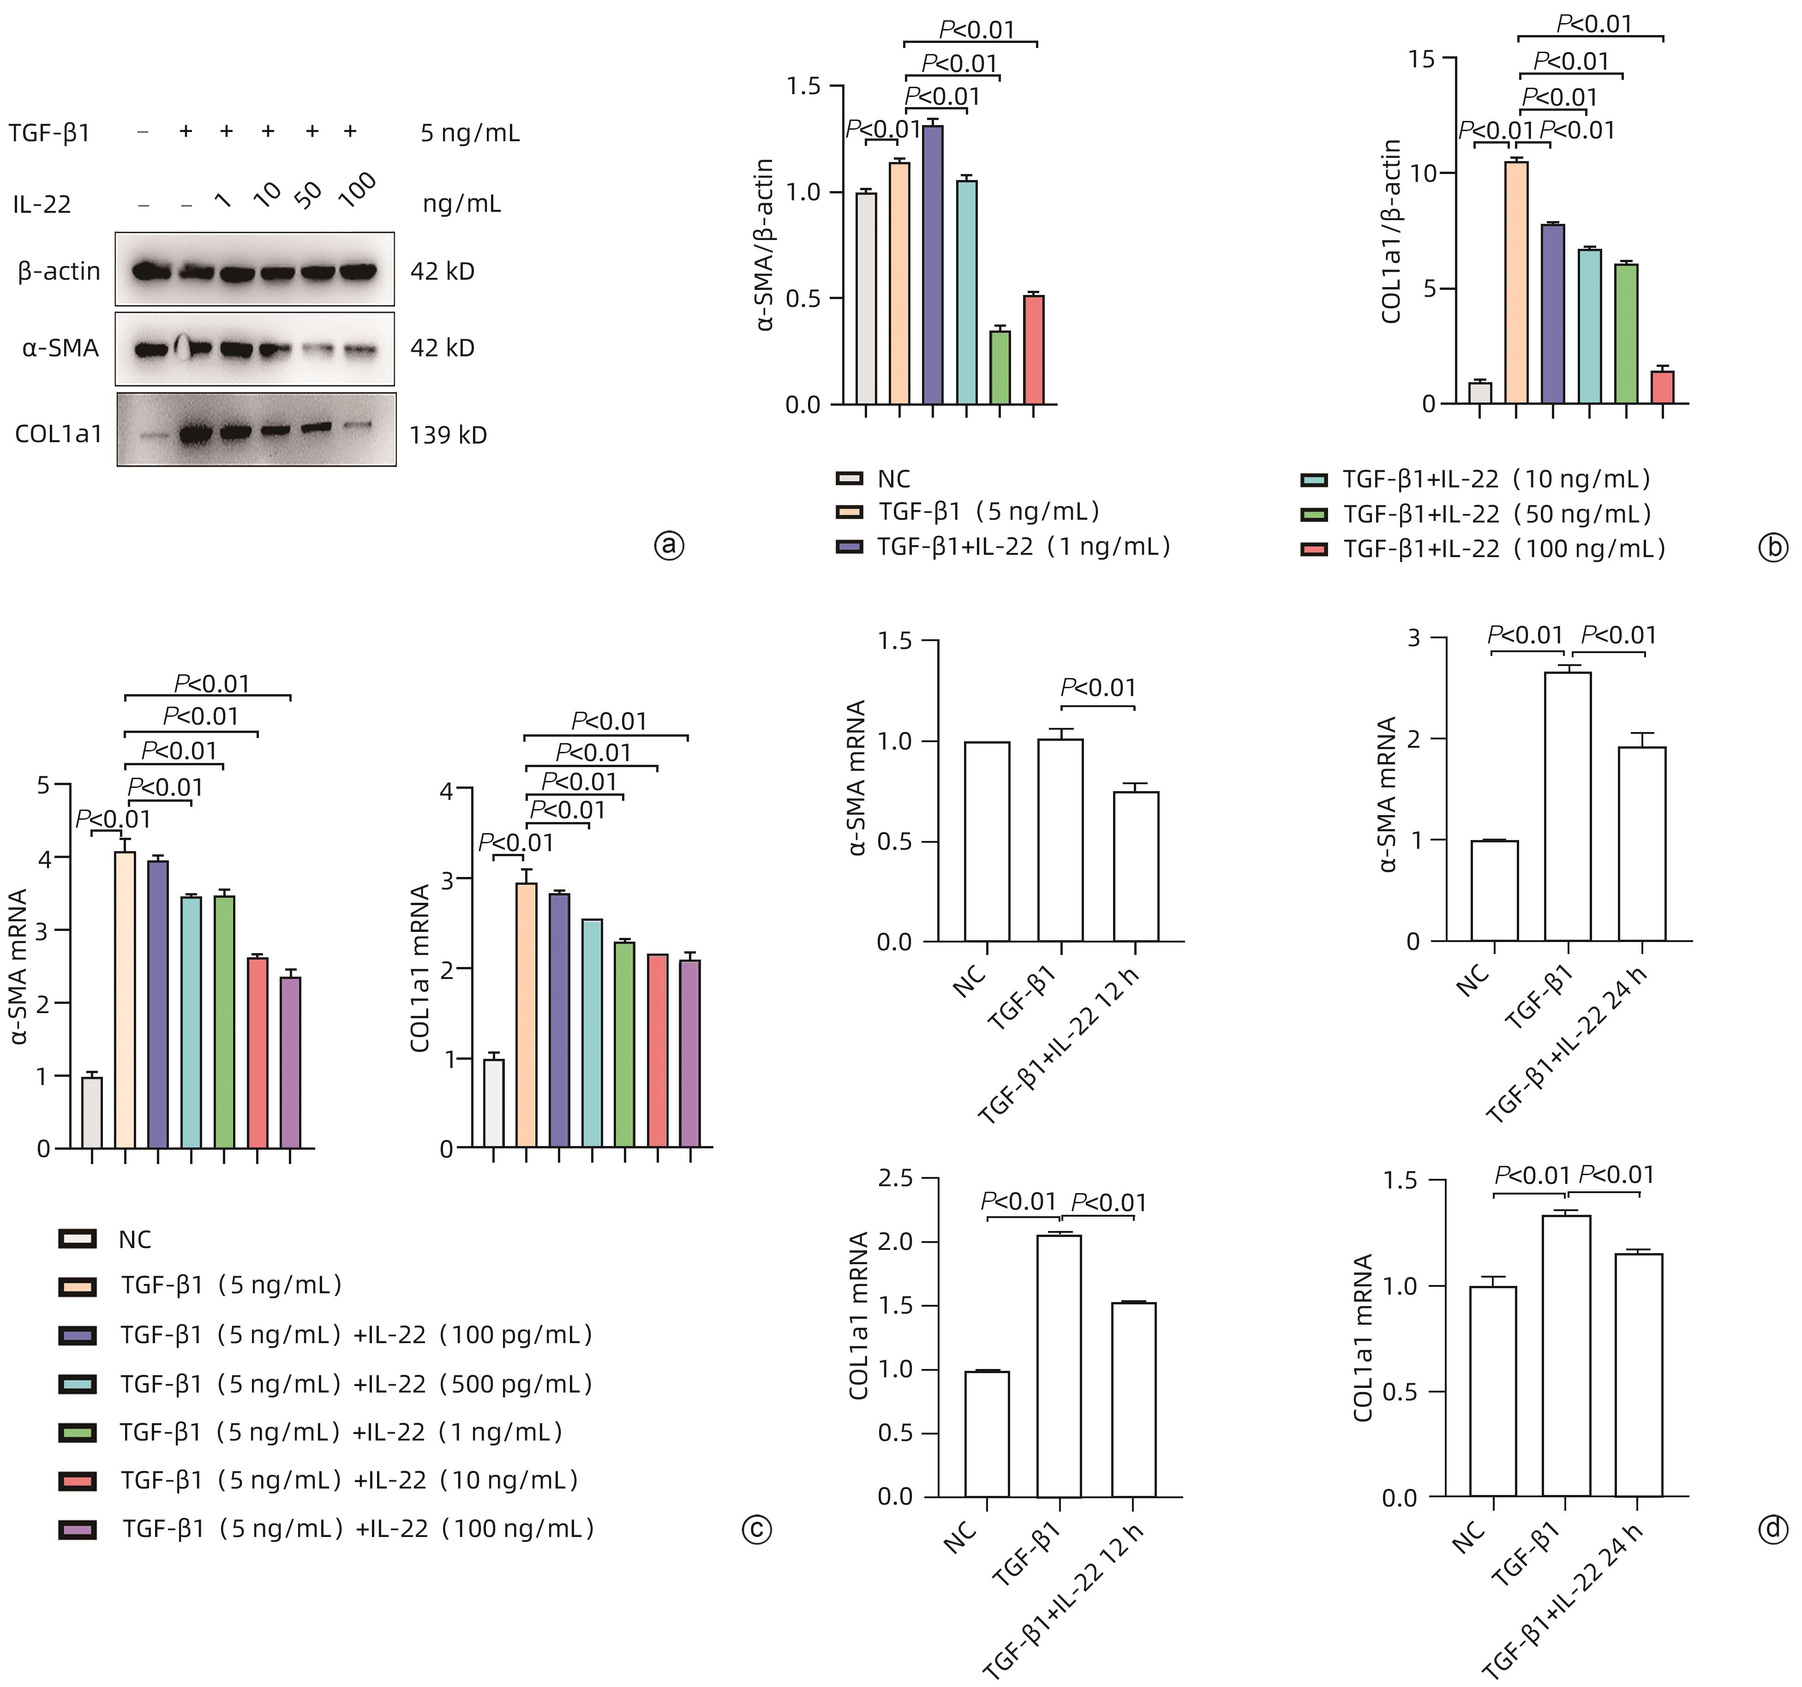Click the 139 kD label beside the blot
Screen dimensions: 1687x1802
(448, 435)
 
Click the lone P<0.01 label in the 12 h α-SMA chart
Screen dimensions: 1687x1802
(1098, 688)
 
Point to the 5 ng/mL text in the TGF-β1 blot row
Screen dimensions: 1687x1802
(470, 133)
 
